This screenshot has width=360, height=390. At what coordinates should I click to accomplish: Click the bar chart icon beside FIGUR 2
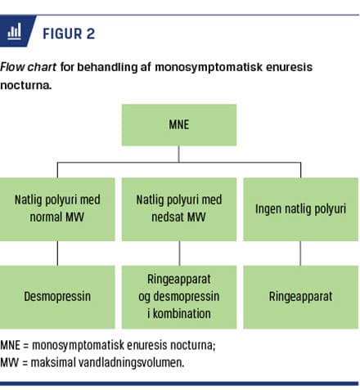(14, 31)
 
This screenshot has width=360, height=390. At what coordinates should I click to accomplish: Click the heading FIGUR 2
(69, 34)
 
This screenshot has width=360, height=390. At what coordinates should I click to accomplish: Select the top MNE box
(179, 125)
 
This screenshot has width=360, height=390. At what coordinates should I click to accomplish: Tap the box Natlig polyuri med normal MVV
(57, 209)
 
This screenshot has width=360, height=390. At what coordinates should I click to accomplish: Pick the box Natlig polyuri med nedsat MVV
(179, 209)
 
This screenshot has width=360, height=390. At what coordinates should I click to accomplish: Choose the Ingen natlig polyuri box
(300, 209)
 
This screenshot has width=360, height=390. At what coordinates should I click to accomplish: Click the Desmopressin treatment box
(57, 297)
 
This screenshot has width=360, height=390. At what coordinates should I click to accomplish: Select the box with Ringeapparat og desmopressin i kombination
(179, 297)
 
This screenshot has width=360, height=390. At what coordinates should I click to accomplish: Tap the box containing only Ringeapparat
(300, 297)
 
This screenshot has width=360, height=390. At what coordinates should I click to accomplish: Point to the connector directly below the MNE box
(179, 154)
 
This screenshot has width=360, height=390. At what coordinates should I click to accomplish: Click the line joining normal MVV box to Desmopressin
(57, 253)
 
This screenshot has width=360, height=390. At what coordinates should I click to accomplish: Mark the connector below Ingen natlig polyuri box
(300, 253)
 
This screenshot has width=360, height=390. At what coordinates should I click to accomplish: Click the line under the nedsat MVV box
(179, 253)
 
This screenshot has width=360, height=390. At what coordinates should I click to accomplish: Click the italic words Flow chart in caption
(28, 67)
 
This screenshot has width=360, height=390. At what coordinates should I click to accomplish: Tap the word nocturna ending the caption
(26, 85)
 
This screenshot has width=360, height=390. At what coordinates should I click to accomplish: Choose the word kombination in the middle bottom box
(182, 314)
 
